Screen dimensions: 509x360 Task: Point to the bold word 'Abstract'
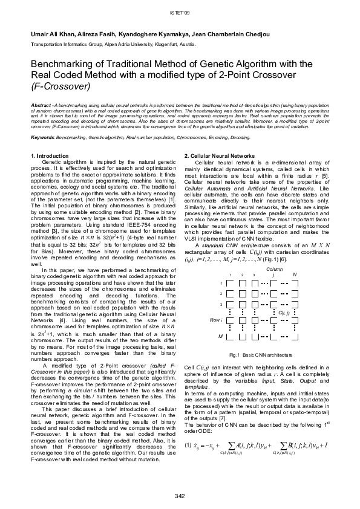pyautogui.click(x=41, y=105)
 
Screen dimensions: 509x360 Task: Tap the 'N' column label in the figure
pyautogui.click(x=294, y=275)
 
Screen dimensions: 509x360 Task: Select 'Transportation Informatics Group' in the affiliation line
pyautogui.click(x=66, y=45)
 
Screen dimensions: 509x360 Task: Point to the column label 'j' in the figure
pyautogui.click(x=273, y=275)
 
